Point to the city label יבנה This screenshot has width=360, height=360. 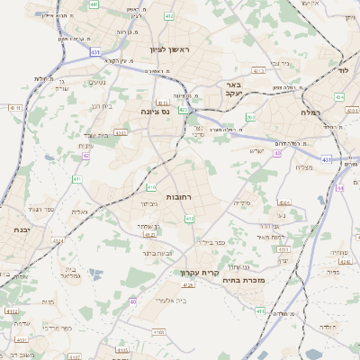[21, 230]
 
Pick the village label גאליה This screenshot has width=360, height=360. [79, 211]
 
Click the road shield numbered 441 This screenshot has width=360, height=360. [94, 4]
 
